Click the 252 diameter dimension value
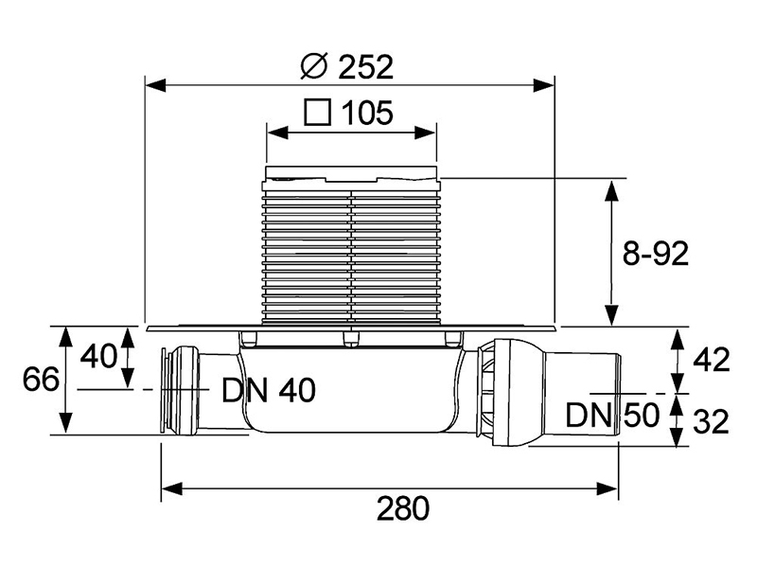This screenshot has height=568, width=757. pos(363,67)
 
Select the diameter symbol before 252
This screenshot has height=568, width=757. pos(312,67)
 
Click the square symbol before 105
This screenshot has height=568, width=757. pos(317,115)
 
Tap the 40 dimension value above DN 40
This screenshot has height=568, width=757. pos(98,357)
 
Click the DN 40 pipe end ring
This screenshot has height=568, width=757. pos(171,389)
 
